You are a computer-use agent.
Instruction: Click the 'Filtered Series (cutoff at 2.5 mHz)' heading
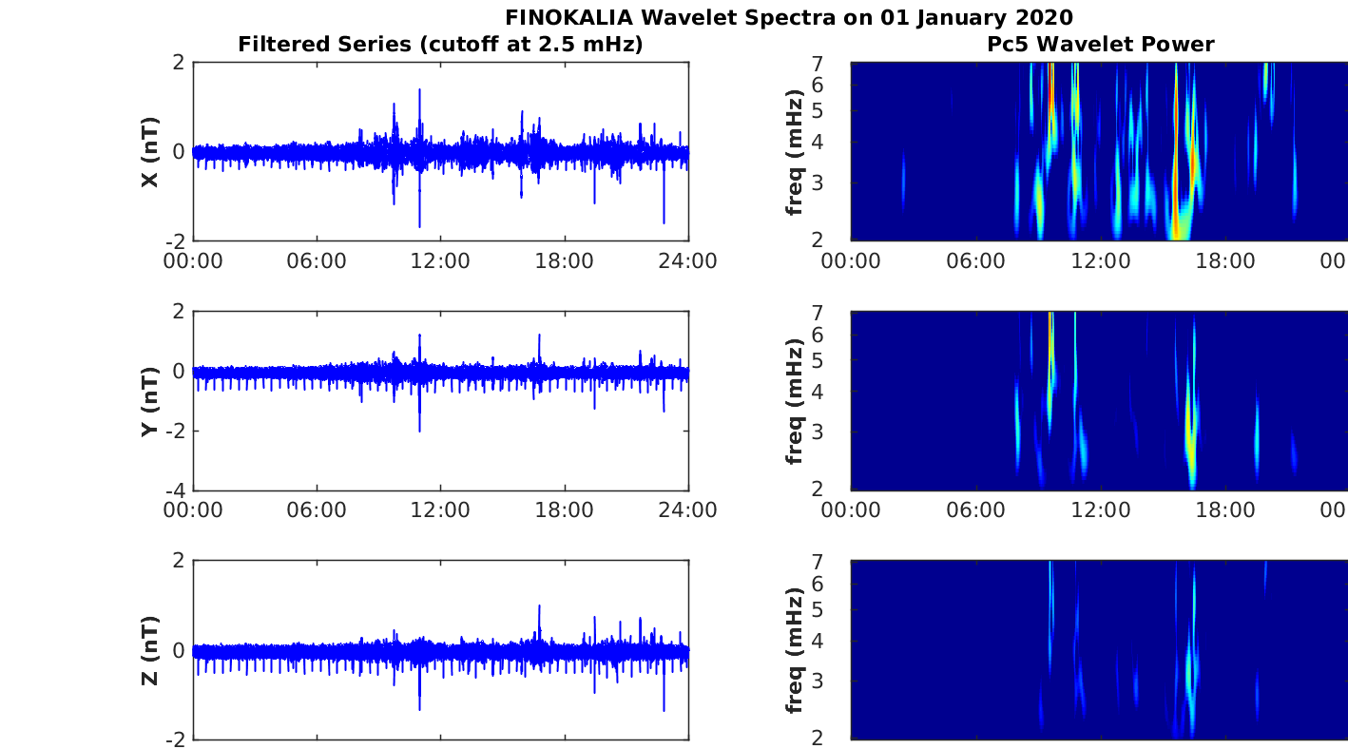440,44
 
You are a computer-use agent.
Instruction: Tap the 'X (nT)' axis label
149,152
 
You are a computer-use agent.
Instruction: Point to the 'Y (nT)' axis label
149,401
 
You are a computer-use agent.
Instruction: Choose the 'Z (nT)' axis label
149,650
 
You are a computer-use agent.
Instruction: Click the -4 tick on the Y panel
175,490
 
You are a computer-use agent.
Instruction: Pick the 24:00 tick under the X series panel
688,261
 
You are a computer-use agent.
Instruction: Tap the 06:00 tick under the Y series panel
317,510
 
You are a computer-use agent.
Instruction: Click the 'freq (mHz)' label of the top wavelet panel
796,152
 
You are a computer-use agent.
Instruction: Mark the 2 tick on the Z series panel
179,562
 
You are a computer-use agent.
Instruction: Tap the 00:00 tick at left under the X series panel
194,261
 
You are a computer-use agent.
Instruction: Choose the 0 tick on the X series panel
179,152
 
